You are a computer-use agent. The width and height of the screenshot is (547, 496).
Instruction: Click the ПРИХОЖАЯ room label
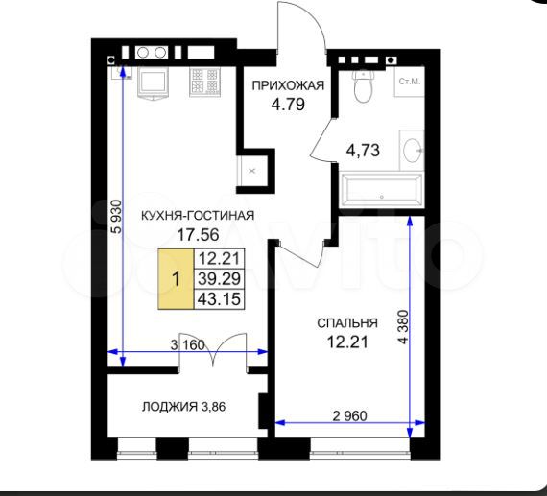288,85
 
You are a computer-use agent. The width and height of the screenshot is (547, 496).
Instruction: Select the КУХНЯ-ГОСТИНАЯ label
197,215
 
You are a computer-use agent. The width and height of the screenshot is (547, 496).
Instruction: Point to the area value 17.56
197,233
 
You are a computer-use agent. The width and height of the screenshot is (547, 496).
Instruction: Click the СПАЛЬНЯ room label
347,323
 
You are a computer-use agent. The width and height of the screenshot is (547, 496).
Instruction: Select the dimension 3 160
189,344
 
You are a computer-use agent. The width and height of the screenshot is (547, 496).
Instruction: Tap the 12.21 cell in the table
220,258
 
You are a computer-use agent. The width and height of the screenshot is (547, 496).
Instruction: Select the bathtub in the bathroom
381,191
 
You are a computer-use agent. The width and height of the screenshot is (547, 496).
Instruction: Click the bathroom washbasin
411,150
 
